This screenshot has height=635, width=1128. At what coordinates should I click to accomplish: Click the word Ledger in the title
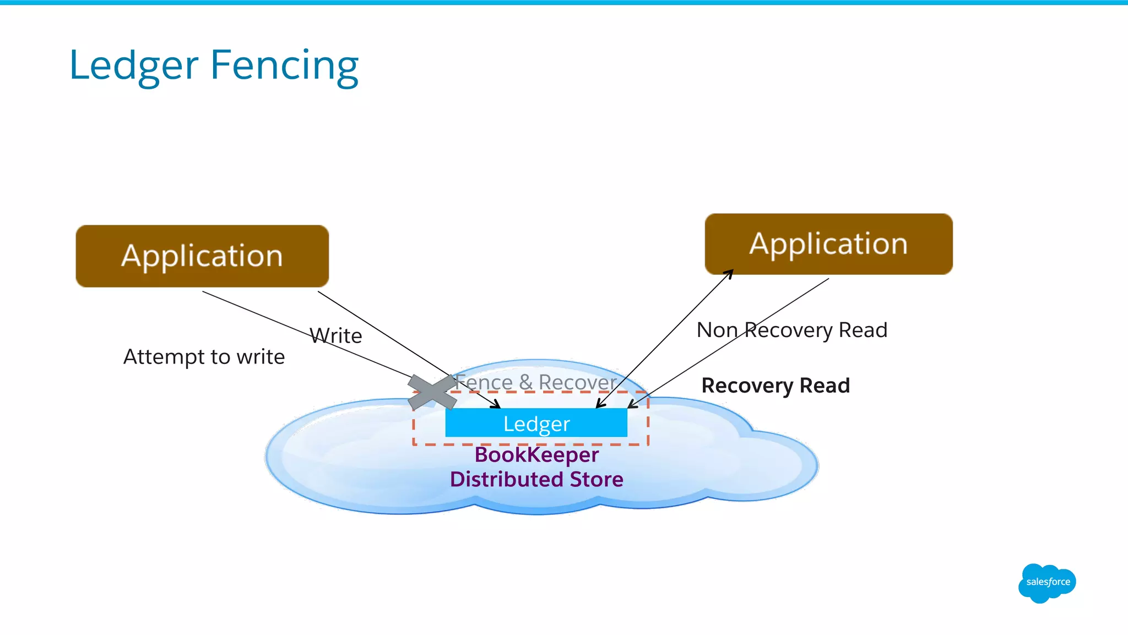pyautogui.click(x=133, y=66)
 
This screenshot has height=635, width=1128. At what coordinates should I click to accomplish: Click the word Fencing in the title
pyautogui.click(x=284, y=66)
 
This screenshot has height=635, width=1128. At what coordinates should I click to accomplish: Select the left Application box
pyautogui.click(x=202, y=256)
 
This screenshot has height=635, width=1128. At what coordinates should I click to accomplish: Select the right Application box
pyautogui.click(x=828, y=244)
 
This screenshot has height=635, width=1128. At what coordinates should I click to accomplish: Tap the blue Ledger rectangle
pyautogui.click(x=536, y=424)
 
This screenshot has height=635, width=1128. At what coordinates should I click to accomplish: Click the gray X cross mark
pyautogui.click(x=432, y=392)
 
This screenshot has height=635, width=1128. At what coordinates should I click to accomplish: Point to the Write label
pyautogui.click(x=336, y=335)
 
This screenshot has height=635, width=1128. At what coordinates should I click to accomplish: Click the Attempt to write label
pyautogui.click(x=204, y=357)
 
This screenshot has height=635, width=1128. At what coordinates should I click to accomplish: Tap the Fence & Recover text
pyautogui.click(x=535, y=382)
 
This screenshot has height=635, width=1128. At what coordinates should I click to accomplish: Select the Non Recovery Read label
pyautogui.click(x=791, y=330)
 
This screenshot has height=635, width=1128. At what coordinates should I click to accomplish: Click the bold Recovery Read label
pyautogui.click(x=775, y=386)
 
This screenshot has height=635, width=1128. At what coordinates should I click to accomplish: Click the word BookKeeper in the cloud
pyautogui.click(x=536, y=455)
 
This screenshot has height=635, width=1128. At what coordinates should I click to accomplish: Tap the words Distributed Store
pyautogui.click(x=536, y=479)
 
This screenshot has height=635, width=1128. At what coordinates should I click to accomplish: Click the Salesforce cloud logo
pyautogui.click(x=1047, y=583)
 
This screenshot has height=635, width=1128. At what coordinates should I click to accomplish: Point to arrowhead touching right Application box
pyautogui.click(x=729, y=273)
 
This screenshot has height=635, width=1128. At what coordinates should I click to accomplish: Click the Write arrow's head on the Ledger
pyautogui.click(x=496, y=405)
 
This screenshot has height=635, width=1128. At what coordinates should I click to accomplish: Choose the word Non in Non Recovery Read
pyautogui.click(x=717, y=330)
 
